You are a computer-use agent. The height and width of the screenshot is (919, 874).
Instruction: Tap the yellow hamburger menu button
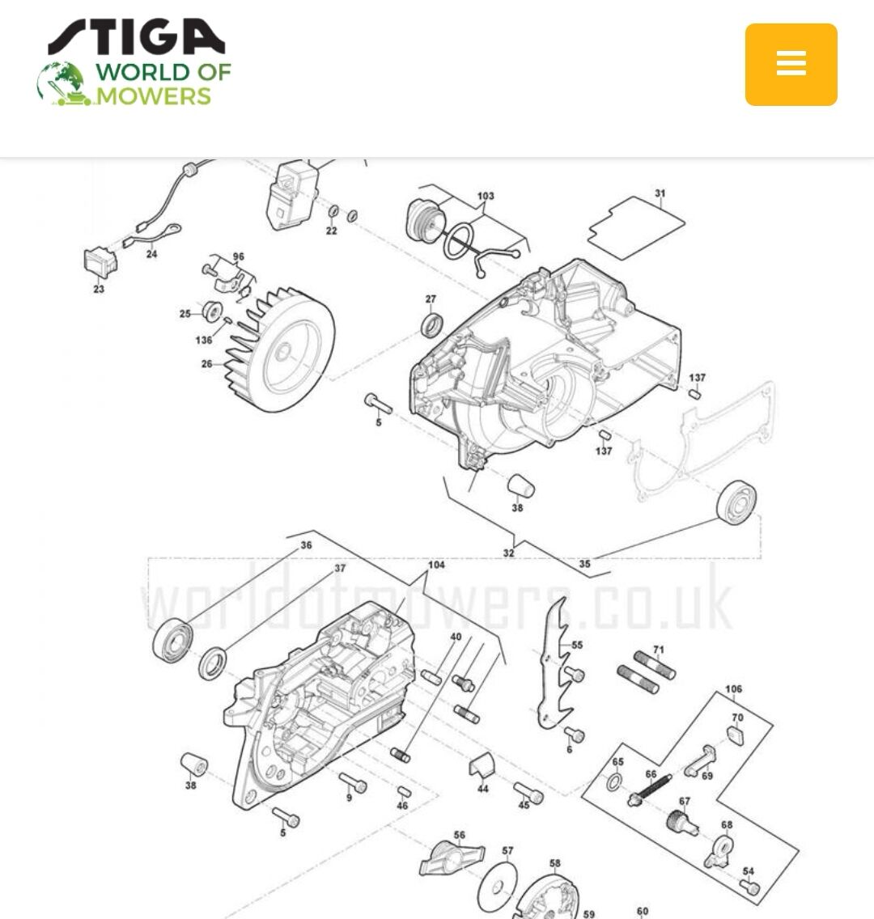pyautogui.click(x=791, y=65)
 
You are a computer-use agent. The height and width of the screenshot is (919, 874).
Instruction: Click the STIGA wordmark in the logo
pyautogui.click(x=137, y=37)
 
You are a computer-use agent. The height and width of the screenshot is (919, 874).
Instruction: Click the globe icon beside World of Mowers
pyautogui.click(x=62, y=83)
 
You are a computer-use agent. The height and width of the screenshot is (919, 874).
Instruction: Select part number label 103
pyautogui.click(x=486, y=196)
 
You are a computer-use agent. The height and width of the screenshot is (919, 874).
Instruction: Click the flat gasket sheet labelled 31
pyautogui.click(x=636, y=228)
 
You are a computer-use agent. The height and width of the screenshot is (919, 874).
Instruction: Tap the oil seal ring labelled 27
pyautogui.click(x=432, y=325)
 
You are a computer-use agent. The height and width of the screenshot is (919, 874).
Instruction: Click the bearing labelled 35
pyautogui.click(x=736, y=502)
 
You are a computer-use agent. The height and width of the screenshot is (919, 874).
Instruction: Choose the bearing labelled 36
pyautogui.click(x=172, y=641)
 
